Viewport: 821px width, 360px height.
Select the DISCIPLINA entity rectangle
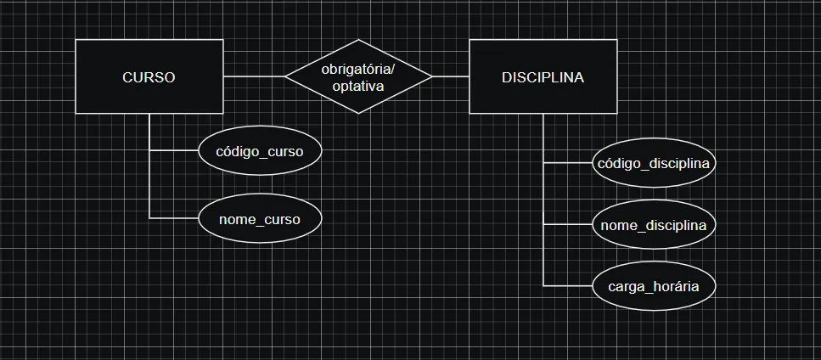(x=543, y=95)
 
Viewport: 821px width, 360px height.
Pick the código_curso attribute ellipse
(x=261, y=151)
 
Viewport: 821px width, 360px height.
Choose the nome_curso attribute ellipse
(x=261, y=219)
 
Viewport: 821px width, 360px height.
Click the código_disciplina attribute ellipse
(x=654, y=161)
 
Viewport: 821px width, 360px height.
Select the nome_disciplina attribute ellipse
(x=654, y=225)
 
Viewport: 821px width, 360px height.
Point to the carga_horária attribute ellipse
(x=654, y=286)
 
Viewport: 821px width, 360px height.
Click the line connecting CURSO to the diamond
(x=255, y=76)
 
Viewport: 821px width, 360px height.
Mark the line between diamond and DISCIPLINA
(x=451, y=76)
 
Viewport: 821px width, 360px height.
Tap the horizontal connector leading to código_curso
(x=174, y=151)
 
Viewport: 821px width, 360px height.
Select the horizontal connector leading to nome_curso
(x=174, y=219)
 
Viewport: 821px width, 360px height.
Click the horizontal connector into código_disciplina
(x=568, y=161)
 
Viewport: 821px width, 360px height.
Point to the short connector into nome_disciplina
(x=568, y=225)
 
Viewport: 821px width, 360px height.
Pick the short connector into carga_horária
(x=568, y=286)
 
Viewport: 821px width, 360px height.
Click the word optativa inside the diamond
(x=358, y=86)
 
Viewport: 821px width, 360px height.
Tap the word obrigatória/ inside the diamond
(x=358, y=68)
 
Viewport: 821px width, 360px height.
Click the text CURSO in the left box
(x=149, y=77)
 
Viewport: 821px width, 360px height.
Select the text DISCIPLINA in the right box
(x=543, y=77)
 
